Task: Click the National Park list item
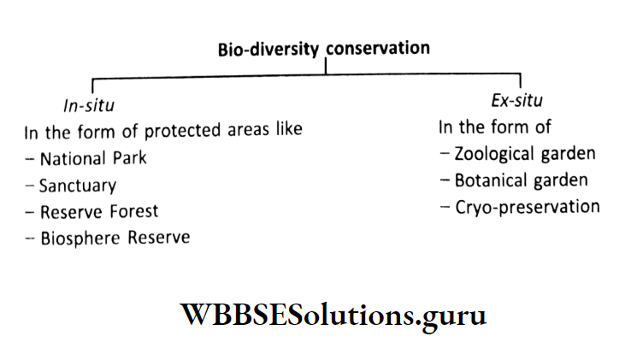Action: [92, 158]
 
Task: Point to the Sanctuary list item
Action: [78, 185]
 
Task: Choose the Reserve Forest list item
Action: [99, 210]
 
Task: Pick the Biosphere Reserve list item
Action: [115, 237]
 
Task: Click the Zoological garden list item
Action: [525, 154]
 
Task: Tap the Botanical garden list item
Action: [521, 180]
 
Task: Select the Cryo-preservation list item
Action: [527, 207]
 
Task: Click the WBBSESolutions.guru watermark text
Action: [333, 316]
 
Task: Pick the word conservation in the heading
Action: [376, 49]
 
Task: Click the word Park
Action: [128, 158]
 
